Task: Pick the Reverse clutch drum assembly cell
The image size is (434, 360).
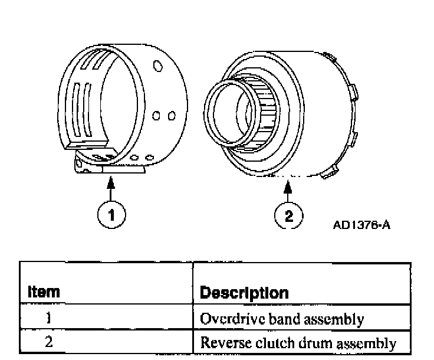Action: click(297, 342)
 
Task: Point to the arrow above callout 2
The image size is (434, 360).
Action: click(288, 188)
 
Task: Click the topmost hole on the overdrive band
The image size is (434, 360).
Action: click(157, 66)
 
